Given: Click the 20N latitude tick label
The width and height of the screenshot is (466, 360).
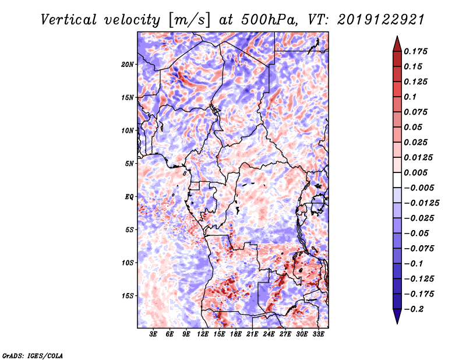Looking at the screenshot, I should pos(128,64).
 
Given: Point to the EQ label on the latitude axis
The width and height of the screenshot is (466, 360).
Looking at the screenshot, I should pos(129,196).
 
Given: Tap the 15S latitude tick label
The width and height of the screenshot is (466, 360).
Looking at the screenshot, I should pos(128,296).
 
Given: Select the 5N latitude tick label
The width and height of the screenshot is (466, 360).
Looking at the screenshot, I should pos(129,164).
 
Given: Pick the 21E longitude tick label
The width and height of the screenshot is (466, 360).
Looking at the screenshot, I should pos(252,334).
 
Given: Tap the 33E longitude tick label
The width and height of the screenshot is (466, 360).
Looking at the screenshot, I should pos(318,334).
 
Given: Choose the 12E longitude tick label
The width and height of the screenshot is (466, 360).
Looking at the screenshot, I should pos(203,334).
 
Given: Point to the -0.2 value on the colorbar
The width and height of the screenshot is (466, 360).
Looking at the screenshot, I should pos(415,309).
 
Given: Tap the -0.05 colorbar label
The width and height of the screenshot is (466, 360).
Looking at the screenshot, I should pos(416,233).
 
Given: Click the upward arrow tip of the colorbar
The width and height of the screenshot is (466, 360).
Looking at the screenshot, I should pos(396,37).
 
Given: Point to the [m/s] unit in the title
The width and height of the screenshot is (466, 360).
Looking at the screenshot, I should pos(188,19).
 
